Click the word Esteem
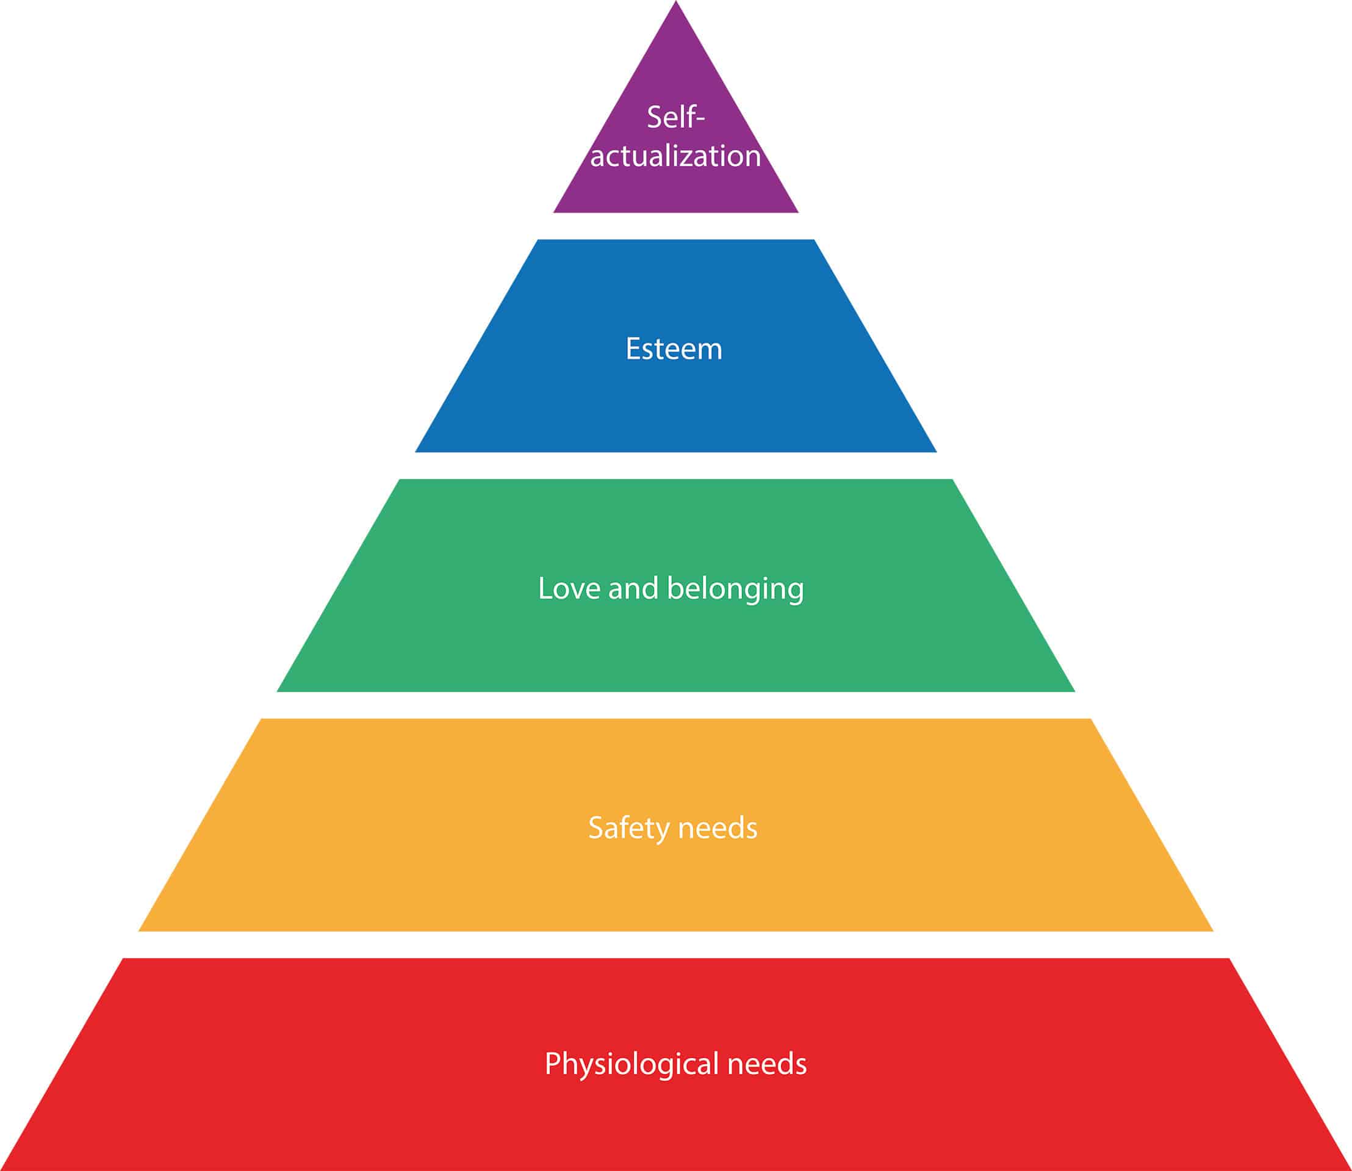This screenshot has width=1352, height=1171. pos(674,349)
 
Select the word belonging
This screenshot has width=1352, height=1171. pos(735,589)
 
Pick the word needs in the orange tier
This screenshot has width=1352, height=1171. pos(719,829)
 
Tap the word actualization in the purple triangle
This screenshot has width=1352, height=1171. pos(675,156)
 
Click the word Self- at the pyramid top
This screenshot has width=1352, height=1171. pos(675,118)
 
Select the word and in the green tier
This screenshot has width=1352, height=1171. pos(633,588)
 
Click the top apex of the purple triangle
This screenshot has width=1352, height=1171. pos(675,2)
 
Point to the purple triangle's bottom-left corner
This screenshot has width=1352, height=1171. pos(555,212)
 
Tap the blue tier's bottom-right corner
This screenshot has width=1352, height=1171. pos(935,451)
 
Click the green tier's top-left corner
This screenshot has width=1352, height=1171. pos(400,480)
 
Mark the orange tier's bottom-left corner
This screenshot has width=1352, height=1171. pos(140,930)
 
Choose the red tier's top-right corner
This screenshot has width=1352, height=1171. pos(1229,959)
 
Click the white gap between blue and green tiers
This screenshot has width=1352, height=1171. pos(675,465)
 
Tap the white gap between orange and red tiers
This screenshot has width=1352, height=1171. pos(675,944)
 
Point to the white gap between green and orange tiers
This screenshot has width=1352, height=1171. pos(675,705)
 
